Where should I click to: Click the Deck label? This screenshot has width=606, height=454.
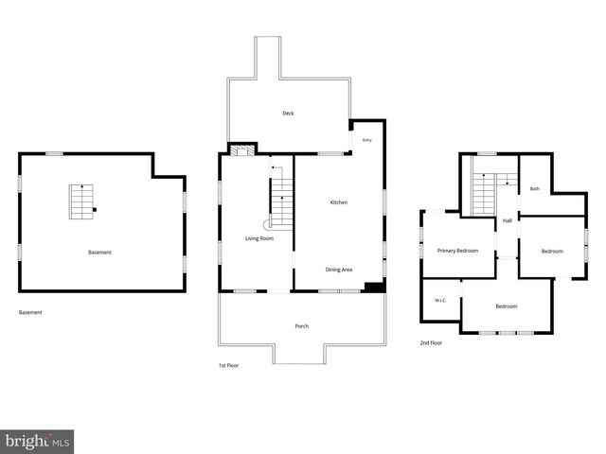(x=288, y=113)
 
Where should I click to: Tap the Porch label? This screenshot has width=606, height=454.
(x=302, y=326)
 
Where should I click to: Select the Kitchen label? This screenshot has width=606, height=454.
(x=339, y=202)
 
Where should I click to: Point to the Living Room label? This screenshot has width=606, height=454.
(x=259, y=238)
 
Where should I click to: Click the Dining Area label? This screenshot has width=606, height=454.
(x=339, y=270)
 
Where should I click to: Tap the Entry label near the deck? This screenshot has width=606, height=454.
(x=367, y=140)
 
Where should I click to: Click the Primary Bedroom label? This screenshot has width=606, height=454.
(x=457, y=251)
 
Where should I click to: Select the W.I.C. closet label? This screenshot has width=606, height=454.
(x=440, y=301)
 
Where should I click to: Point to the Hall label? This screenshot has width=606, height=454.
(x=508, y=220)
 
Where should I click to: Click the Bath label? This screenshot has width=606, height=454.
(x=535, y=189)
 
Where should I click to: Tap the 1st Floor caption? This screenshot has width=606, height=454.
(x=229, y=365)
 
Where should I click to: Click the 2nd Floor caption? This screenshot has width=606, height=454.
(x=431, y=342)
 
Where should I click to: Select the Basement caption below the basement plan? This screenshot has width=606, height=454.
(x=30, y=312)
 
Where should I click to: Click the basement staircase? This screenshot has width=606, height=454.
(x=81, y=201)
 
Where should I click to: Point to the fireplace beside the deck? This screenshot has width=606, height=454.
(x=242, y=149)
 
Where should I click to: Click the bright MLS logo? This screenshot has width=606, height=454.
(x=37, y=442)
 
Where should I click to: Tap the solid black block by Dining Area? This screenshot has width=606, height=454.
(x=375, y=288)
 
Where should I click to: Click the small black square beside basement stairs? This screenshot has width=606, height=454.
(x=95, y=210)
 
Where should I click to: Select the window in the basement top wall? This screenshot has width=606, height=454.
(x=55, y=153)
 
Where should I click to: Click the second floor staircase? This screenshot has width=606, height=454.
(x=484, y=194)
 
